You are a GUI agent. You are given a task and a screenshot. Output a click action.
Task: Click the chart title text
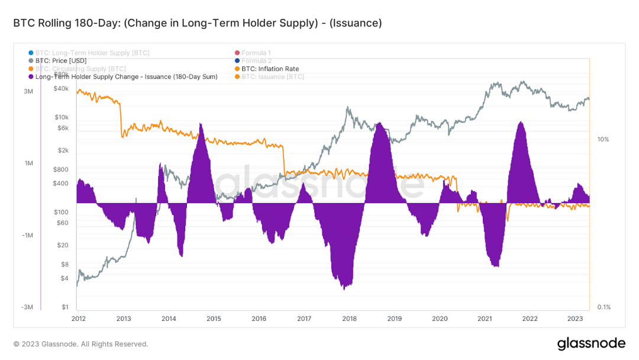coord(197,23)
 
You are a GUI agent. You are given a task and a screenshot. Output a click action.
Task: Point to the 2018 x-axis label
coord(349,319)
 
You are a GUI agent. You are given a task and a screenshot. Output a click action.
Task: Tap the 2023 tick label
coord(575,319)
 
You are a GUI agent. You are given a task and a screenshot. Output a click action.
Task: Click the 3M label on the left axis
coord(28,92)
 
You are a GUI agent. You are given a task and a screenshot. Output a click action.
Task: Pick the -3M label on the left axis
coord(27,307)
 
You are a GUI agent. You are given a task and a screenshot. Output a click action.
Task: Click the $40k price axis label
coord(62,89)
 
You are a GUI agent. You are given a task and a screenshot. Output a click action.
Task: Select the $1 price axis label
coord(65,307)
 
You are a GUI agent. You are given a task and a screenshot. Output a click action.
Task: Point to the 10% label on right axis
coord(603,140)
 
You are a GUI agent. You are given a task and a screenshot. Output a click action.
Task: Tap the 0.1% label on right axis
coord(603,307)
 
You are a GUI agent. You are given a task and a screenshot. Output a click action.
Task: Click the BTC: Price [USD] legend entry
coord(61,61)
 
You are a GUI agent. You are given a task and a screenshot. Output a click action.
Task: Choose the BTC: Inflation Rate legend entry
coord(270,69)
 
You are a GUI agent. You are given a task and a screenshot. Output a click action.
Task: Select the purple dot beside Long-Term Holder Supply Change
coord(30,77)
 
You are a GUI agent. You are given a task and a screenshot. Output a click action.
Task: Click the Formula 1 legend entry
coord(256,53)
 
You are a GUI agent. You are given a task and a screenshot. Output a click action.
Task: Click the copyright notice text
coord(80,344)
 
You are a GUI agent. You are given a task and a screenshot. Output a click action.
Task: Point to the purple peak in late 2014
coord(202,124)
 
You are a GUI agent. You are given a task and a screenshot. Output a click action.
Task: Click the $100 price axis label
coord(62,212)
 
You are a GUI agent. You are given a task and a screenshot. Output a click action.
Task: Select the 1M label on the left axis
coord(28,163)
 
